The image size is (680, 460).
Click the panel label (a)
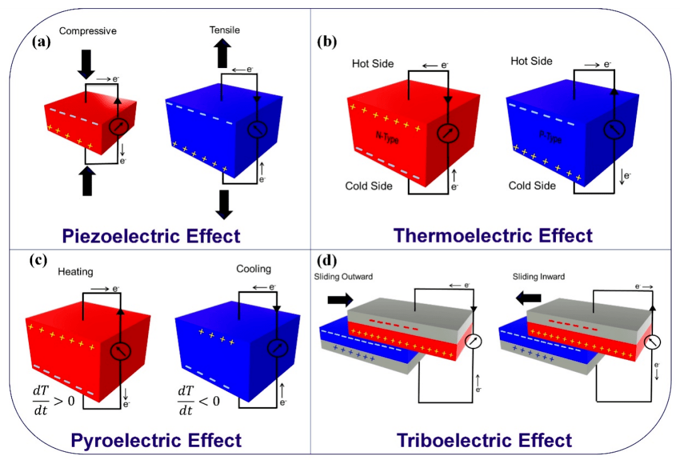pyautogui.click(x=42, y=42)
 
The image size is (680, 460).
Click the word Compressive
pyautogui.click(x=88, y=30)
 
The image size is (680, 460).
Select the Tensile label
pyautogui.click(x=225, y=30)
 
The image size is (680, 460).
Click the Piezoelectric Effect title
pyautogui.click(x=151, y=236)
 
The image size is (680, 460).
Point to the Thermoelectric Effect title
pyautogui.click(x=493, y=235)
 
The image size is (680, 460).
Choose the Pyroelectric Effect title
pyautogui.click(x=156, y=440)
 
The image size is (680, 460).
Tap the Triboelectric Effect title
pyautogui.click(x=484, y=440)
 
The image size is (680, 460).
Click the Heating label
pyautogui.click(x=76, y=272)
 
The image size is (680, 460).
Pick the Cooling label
pyautogui.click(x=254, y=269)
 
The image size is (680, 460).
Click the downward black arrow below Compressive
pyautogui.click(x=86, y=62)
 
